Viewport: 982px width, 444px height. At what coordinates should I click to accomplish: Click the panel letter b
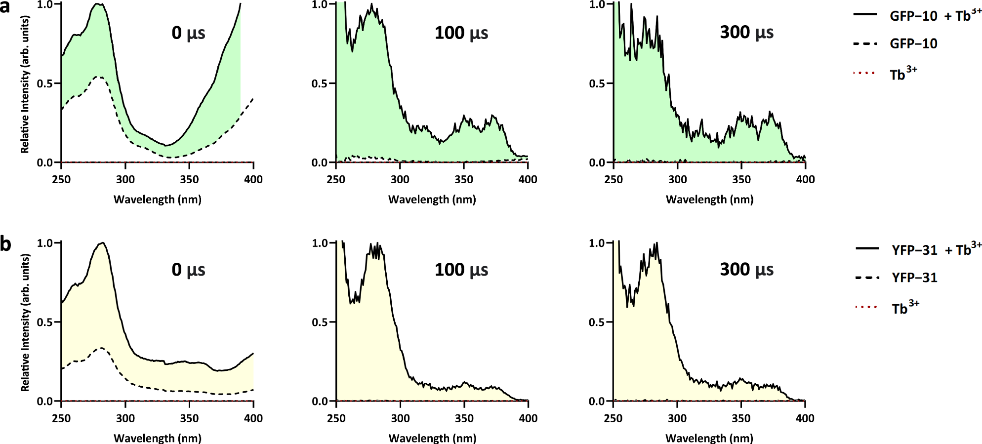[6, 244]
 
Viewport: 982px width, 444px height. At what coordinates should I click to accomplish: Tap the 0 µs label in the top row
[188, 33]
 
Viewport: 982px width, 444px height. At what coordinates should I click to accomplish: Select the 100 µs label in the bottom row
[461, 270]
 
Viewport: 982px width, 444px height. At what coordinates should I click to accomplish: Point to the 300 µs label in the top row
[746, 33]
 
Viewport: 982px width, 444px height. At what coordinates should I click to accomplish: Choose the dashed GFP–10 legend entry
[913, 44]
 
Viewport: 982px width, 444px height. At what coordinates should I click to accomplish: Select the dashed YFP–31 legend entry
[914, 278]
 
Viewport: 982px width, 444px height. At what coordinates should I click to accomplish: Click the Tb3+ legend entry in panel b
[904, 308]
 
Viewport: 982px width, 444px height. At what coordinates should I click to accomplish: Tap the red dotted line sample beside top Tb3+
[864, 73]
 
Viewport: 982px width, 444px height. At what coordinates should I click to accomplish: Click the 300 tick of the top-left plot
[125, 179]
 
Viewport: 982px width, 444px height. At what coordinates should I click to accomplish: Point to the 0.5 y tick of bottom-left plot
[45, 322]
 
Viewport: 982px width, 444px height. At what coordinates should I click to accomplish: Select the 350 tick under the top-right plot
[741, 179]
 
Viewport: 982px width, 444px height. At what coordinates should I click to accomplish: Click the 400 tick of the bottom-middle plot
[528, 418]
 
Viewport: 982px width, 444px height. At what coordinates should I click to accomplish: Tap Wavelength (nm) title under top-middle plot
[432, 200]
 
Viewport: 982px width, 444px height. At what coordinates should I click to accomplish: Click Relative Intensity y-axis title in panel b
[25, 322]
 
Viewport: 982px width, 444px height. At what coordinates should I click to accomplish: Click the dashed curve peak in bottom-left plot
[101, 348]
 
